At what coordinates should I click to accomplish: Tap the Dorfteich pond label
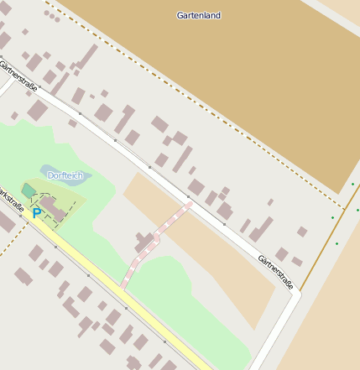click(65, 175)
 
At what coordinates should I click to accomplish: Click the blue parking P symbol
click(36, 214)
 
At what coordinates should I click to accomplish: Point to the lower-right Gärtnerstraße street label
click(276, 272)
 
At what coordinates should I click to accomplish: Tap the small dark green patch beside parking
click(29, 191)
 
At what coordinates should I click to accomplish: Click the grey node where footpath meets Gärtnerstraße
click(188, 201)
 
